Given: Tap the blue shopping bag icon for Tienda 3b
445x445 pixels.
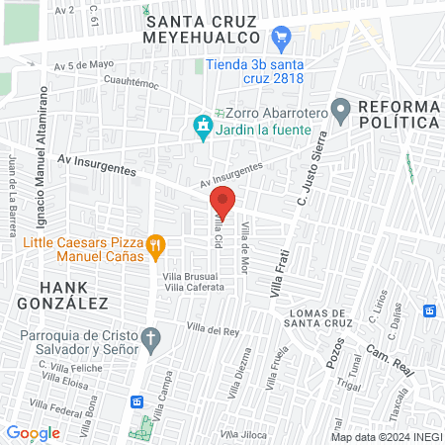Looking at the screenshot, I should pyautogui.click(x=281, y=40).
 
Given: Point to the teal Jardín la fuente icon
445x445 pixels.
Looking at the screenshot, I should pyautogui.click(x=202, y=126).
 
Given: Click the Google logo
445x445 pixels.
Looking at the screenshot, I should pyautogui.click(x=33, y=432).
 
